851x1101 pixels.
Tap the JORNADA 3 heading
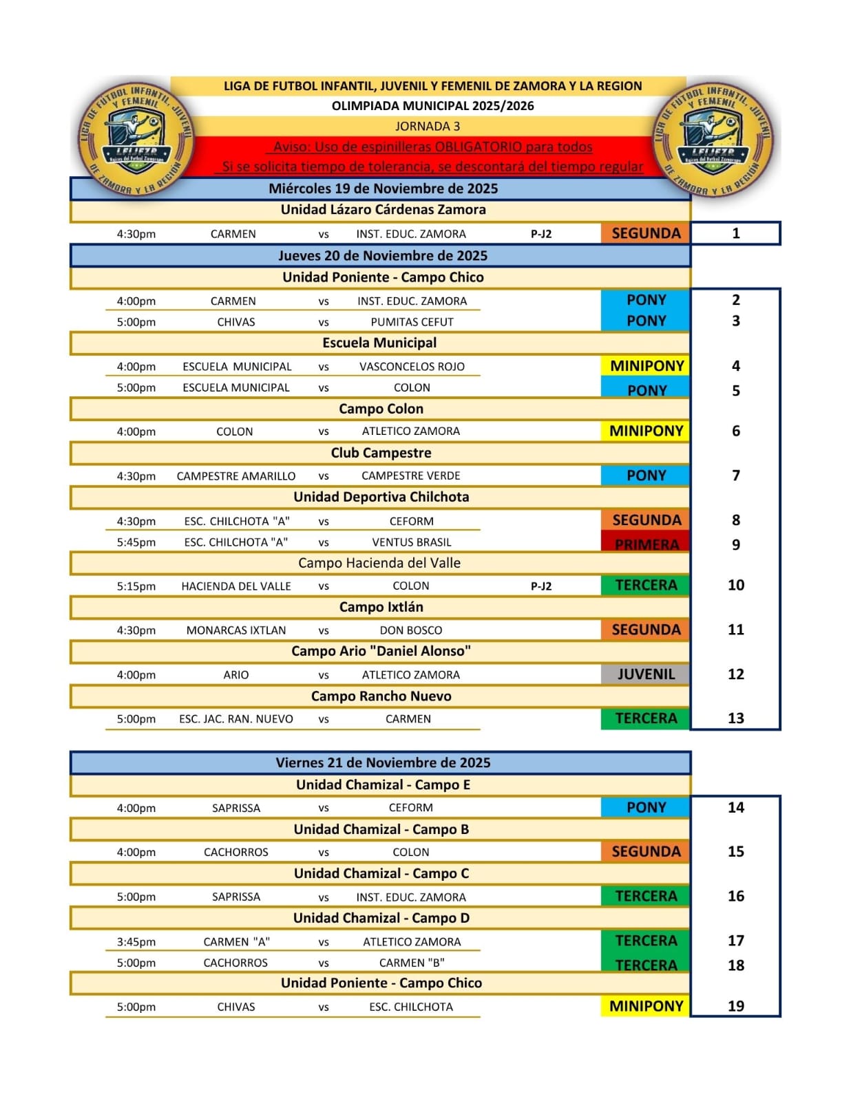pyautogui.click(x=428, y=126)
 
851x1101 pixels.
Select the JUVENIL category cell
pyautogui.click(x=645, y=674)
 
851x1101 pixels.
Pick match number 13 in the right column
pyautogui.click(x=735, y=718)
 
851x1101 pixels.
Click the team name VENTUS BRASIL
pyautogui.click(x=412, y=542)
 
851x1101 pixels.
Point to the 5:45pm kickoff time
pyautogui.click(x=136, y=542)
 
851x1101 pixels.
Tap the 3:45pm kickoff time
pyautogui.click(x=136, y=941)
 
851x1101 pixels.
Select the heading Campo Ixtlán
pyautogui.click(x=381, y=607)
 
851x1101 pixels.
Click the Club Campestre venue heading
pyautogui.click(x=381, y=453)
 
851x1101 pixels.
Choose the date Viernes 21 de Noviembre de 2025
pyautogui.click(x=383, y=762)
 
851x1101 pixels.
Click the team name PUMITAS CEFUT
pyautogui.click(x=412, y=322)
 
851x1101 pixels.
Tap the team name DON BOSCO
pyautogui.click(x=411, y=630)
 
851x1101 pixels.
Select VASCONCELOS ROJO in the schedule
pyautogui.click(x=412, y=367)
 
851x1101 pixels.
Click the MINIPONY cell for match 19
pyautogui.click(x=645, y=1006)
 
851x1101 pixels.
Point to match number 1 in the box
pyautogui.click(x=735, y=233)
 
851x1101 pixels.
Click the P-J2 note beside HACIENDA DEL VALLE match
pyautogui.click(x=541, y=586)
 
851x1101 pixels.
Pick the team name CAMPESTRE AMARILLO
pyautogui.click(x=236, y=476)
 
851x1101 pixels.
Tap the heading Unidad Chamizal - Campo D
pyautogui.click(x=381, y=918)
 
